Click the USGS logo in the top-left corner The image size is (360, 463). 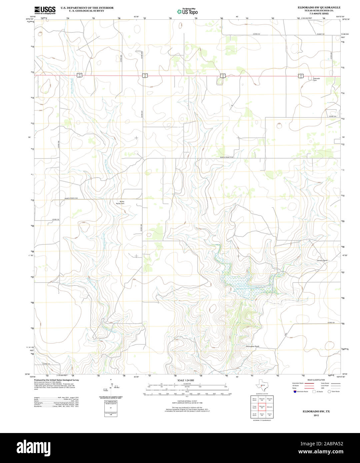(45, 10)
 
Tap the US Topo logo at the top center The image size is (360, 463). (187, 11)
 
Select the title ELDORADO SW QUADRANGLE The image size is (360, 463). (319, 7)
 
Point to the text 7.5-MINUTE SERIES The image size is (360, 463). (319, 13)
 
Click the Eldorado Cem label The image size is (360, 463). (316, 79)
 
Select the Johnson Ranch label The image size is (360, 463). (322, 260)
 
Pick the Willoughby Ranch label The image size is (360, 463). (252, 346)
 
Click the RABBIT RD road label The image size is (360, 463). (320, 34)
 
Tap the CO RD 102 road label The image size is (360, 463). (330, 323)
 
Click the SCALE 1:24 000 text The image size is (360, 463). (186, 380)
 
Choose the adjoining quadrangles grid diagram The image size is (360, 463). (261, 407)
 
